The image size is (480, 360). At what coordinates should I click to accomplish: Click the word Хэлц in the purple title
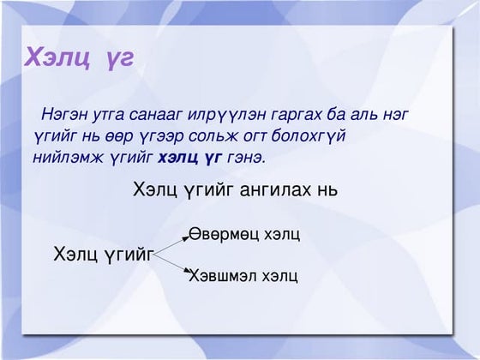click(53, 57)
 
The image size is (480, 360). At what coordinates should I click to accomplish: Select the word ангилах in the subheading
click(269, 190)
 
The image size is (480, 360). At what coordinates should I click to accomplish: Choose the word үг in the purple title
click(115, 57)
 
